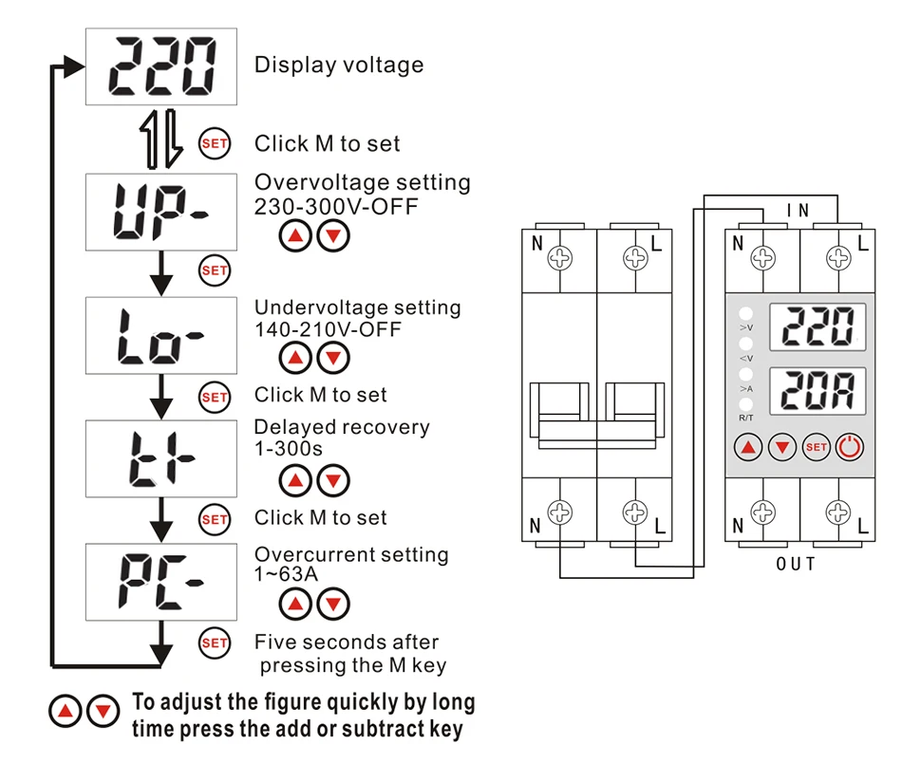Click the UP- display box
(160, 211)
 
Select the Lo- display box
(160, 335)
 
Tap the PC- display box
(160, 581)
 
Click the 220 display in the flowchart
(160, 66)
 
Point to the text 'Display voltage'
(339, 65)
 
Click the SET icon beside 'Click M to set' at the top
(215, 144)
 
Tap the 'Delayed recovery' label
(342, 427)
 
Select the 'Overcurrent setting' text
(351, 554)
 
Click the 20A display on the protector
(817, 388)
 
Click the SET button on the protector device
(816, 446)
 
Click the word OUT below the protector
(796, 565)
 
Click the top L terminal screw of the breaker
(634, 258)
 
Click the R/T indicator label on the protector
(745, 418)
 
